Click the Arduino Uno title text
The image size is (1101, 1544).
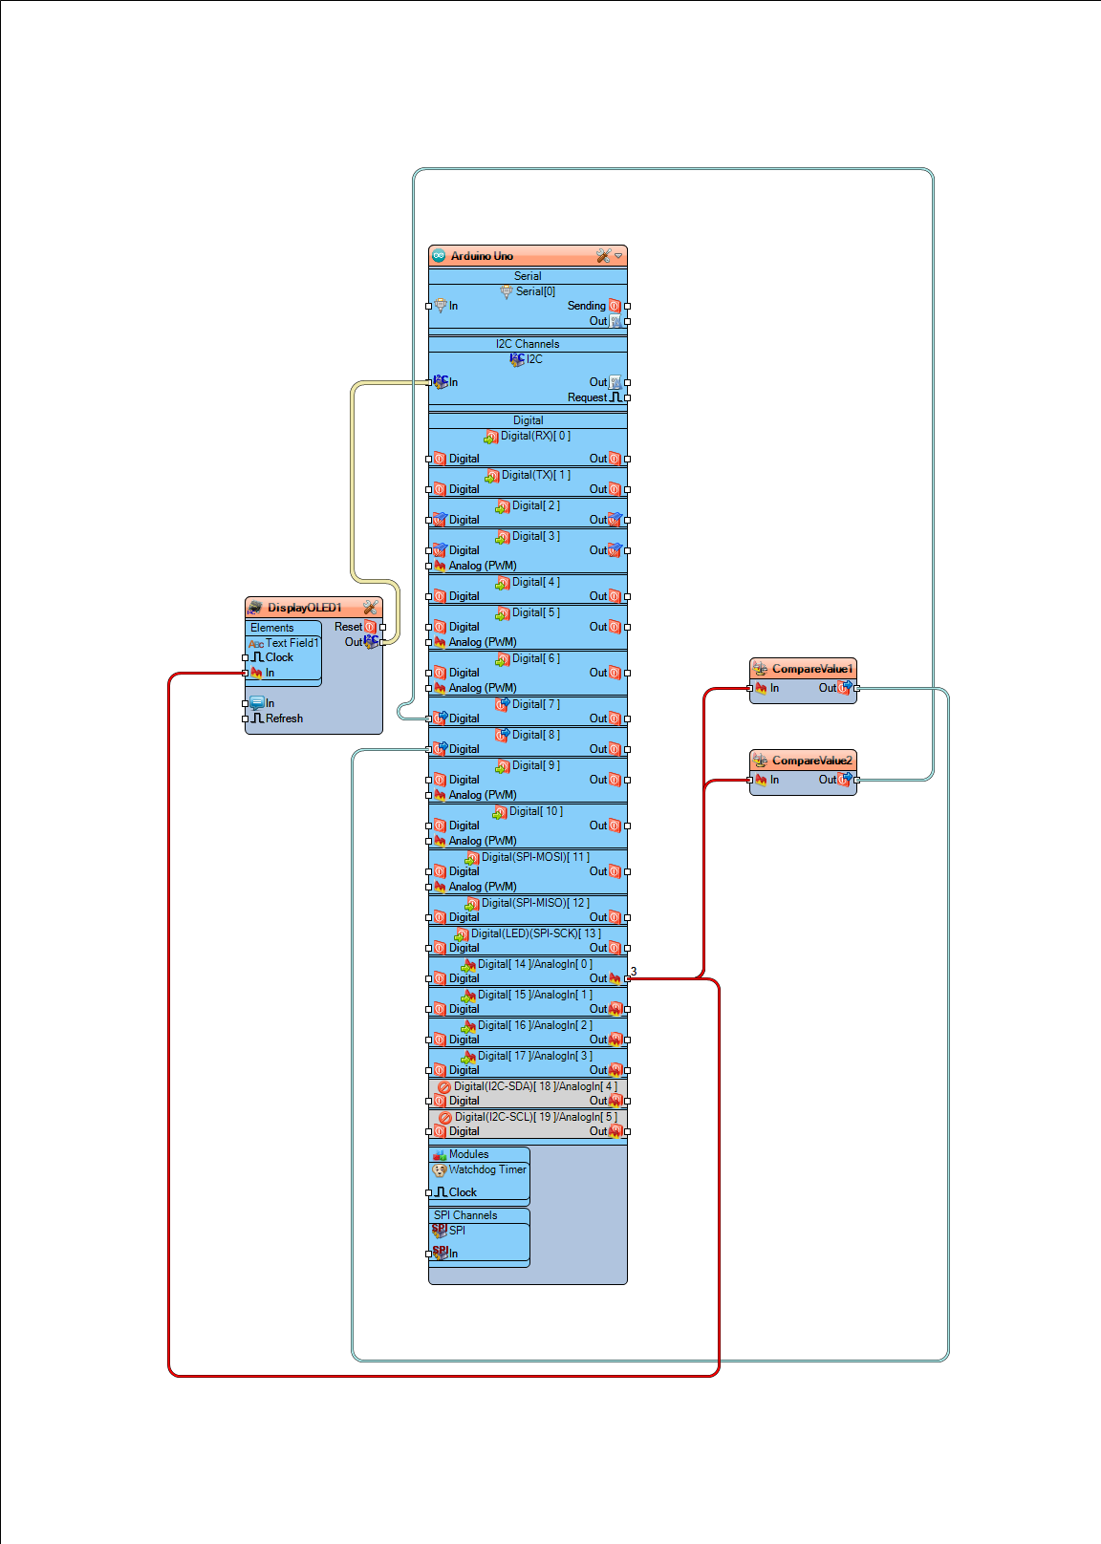(482, 256)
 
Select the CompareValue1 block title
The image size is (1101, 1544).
(811, 669)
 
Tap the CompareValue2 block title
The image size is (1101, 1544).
(811, 761)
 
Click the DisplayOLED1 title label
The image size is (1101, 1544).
(304, 608)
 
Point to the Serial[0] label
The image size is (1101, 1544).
(535, 291)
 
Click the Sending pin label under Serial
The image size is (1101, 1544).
(586, 306)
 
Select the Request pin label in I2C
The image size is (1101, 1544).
(587, 397)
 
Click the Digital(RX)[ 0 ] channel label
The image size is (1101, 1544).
(535, 436)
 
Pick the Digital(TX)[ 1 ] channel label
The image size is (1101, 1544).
(535, 475)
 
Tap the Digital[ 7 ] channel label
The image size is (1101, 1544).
(535, 704)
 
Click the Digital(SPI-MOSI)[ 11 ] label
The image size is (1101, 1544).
(535, 857)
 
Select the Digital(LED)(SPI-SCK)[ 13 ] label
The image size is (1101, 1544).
(535, 933)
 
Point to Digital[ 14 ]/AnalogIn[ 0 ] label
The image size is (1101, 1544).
(535, 964)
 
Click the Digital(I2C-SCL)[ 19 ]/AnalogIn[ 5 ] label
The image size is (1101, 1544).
(535, 1117)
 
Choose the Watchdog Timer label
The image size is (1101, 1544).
(487, 1169)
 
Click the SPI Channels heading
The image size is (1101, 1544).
(465, 1215)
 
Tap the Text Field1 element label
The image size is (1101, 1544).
(291, 643)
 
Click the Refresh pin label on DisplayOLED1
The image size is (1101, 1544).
(284, 718)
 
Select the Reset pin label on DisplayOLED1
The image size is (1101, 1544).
(348, 627)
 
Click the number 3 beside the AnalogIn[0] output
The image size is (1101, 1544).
(634, 971)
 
